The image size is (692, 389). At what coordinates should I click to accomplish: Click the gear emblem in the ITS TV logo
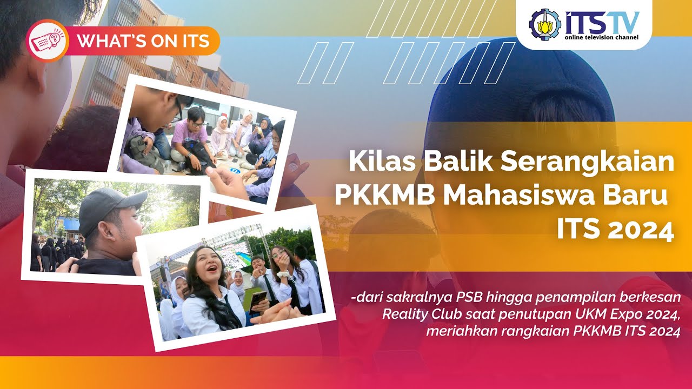tap(545, 24)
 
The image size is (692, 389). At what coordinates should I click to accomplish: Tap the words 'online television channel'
tap(601, 37)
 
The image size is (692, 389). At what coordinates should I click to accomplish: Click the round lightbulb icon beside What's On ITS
tap(47, 41)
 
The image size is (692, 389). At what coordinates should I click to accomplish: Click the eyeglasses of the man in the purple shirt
tap(197, 125)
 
